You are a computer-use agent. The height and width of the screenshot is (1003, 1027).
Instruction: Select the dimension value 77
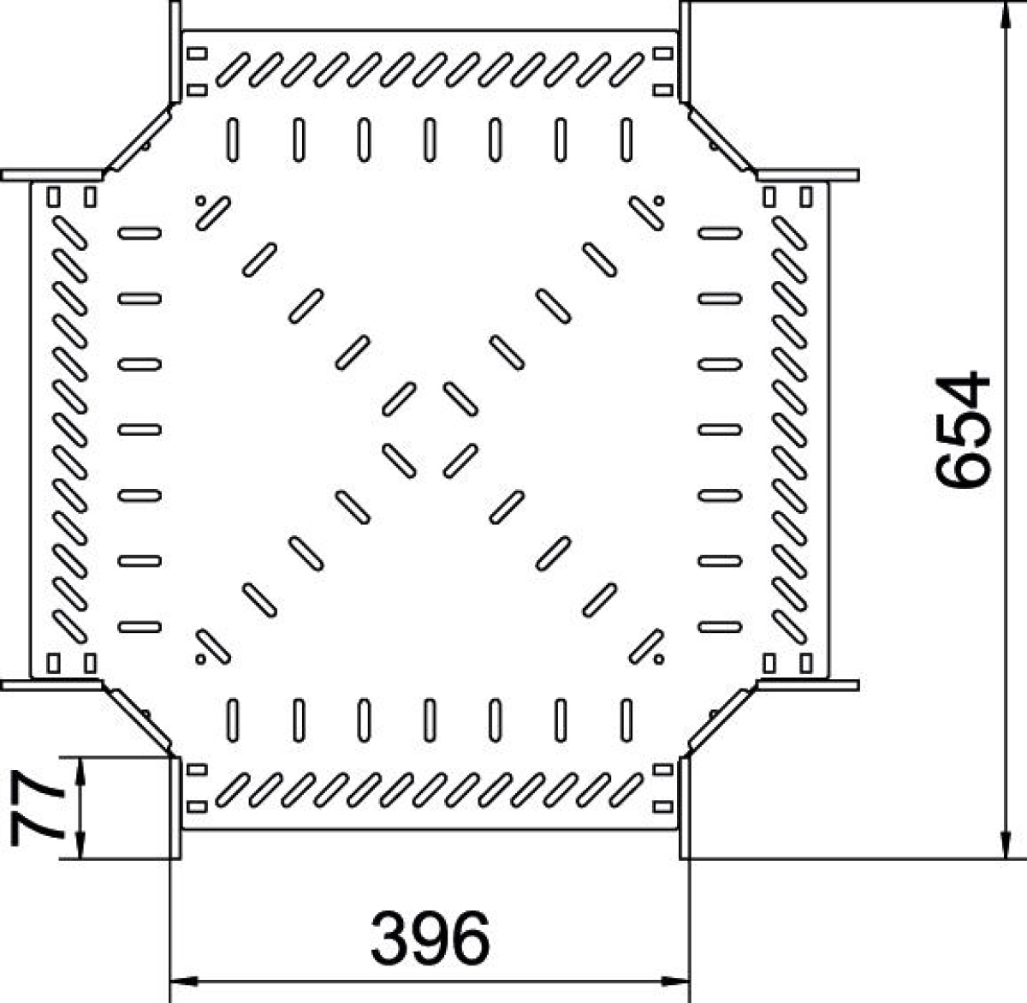tap(37, 808)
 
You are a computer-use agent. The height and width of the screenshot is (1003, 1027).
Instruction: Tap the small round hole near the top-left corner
tap(200, 200)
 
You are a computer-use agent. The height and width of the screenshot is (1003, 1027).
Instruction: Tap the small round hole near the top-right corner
tap(659, 200)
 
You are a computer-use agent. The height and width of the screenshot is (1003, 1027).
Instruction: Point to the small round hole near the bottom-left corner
tap(200, 660)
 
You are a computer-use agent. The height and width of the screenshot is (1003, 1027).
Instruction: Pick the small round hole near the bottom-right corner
tap(659, 660)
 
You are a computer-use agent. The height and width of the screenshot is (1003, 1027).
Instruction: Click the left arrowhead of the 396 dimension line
tap(184, 982)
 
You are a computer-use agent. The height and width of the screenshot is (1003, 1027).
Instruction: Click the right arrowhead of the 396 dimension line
tap(676, 982)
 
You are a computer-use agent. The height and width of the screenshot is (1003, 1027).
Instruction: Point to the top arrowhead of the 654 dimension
tap(1006, 15)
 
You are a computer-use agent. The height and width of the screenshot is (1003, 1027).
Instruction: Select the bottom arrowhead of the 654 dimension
tap(1006, 845)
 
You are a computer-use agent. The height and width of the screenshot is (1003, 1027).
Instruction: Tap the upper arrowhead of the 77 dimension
tap(80, 771)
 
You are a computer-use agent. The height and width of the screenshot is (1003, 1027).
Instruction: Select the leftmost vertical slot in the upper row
tap(233, 140)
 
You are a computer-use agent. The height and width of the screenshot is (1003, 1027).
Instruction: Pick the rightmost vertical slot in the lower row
tap(626, 719)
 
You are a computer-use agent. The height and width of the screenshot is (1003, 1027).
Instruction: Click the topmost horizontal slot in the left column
tap(140, 233)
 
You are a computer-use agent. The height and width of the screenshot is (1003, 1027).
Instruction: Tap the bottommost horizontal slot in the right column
tap(720, 627)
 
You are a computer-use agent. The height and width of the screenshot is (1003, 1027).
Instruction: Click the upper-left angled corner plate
tap(139, 139)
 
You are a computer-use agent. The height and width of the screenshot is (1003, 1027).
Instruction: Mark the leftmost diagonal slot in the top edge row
tap(233, 69)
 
